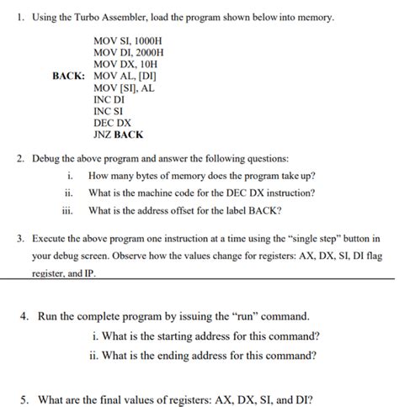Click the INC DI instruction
pyautogui.click(x=109, y=98)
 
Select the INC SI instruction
pyautogui.click(x=108, y=110)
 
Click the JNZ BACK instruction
pyautogui.click(x=119, y=134)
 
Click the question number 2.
pyautogui.click(x=20, y=158)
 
